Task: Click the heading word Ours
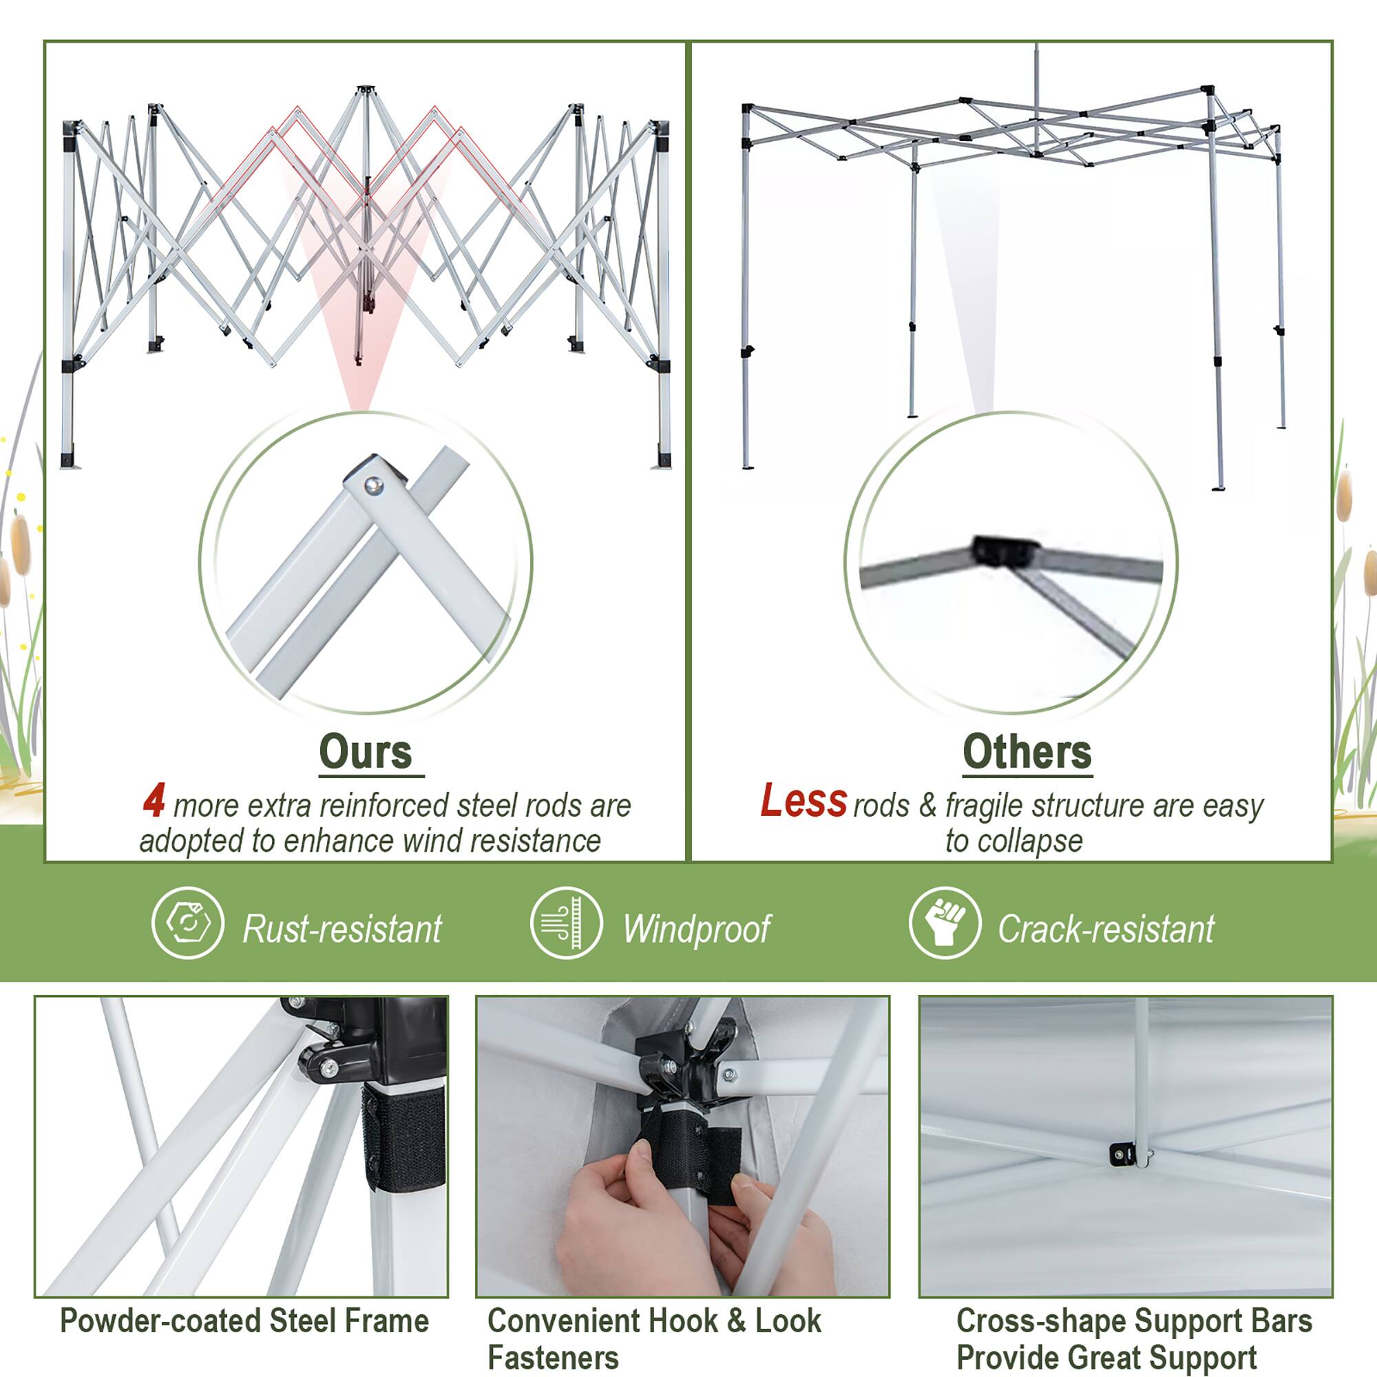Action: click(x=365, y=752)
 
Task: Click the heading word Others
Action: click(x=1027, y=752)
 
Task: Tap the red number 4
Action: click(x=154, y=801)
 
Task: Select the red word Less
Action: click(x=803, y=801)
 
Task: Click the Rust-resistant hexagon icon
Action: click(x=188, y=923)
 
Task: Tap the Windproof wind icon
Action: click(x=567, y=923)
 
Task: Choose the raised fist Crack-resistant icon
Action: click(x=945, y=923)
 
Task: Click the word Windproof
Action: click(x=696, y=929)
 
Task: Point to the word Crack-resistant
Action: click(x=1106, y=929)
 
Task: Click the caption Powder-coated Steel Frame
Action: click(x=244, y=1321)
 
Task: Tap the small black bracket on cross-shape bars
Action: click(x=1122, y=1153)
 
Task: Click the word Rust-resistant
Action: click(x=342, y=929)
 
